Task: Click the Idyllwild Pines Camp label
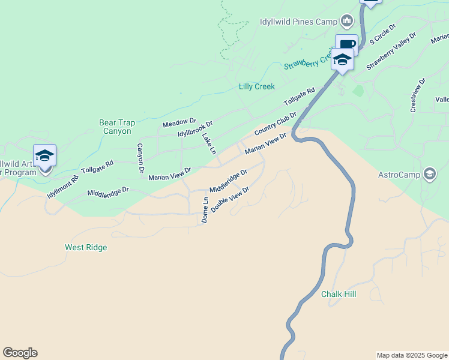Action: point(298,22)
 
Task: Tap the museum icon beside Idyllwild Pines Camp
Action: point(346,22)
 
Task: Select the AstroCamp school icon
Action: point(429,175)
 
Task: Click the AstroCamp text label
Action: point(399,175)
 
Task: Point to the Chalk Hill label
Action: point(339,294)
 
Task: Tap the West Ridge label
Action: point(86,247)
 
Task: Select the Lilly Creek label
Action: point(256,86)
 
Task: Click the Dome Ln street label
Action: point(205,210)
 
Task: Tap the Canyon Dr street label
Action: point(140,158)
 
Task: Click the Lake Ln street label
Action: point(208,144)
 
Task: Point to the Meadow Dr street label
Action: point(179,123)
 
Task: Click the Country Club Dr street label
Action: point(276,123)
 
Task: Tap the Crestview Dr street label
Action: point(418,95)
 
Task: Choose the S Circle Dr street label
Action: point(383,35)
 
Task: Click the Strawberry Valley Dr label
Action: point(391,52)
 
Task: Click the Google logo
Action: point(20,353)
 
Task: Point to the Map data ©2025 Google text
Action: point(411,355)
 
